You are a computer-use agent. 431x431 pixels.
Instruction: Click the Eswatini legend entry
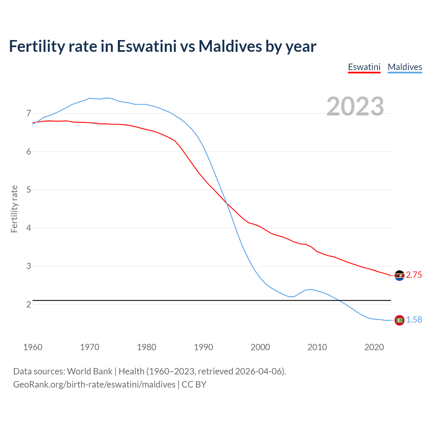364,67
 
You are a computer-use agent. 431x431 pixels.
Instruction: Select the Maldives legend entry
405,67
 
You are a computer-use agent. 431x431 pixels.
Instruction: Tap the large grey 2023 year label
355,106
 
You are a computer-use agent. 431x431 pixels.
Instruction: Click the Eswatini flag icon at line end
399,275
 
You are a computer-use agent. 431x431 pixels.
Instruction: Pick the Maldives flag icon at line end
399,320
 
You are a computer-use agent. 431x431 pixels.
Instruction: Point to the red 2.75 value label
414,275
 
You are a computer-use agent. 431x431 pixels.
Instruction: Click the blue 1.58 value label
414,320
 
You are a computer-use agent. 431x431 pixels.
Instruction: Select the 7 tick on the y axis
29,113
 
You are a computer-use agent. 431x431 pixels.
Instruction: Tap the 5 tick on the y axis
29,190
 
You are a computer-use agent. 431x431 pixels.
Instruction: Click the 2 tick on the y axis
29,304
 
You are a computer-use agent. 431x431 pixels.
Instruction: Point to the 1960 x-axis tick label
33,347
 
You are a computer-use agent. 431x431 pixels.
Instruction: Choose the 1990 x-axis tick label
203,347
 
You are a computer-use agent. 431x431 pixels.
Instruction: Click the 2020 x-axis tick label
374,347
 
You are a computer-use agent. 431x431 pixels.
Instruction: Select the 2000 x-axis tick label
260,347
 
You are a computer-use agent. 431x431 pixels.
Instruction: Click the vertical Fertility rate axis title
14,209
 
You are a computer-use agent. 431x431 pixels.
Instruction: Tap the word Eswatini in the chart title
146,46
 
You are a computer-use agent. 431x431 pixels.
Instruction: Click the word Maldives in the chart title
230,46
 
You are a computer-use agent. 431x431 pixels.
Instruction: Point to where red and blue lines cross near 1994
227,203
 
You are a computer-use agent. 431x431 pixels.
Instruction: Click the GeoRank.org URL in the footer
94,385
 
